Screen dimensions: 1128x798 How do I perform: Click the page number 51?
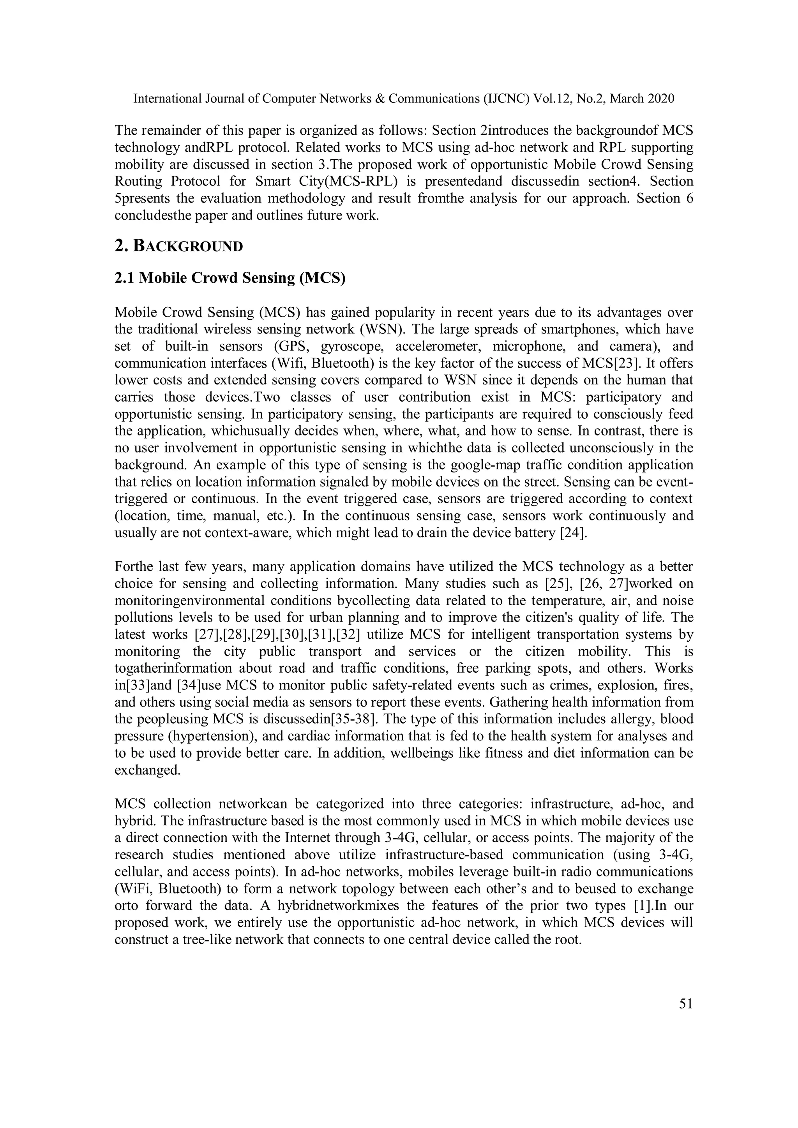pyautogui.click(x=685, y=1004)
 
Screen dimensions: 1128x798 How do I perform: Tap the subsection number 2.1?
pyautogui.click(x=125, y=278)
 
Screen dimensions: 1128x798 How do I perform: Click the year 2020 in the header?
pyautogui.click(x=660, y=99)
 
